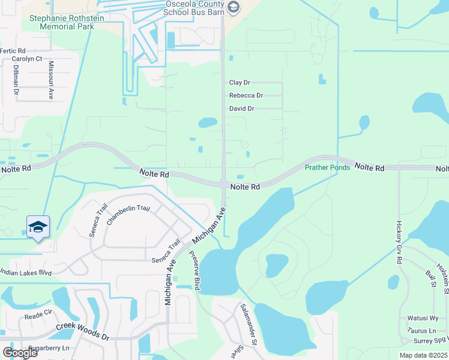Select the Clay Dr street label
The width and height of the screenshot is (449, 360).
(240, 83)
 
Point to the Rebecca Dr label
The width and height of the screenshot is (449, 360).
(246, 95)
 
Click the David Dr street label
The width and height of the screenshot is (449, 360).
(242, 109)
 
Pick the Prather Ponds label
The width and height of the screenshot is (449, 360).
(327, 167)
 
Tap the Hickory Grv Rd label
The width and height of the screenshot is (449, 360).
(399, 243)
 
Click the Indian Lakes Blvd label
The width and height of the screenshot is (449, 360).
(26, 273)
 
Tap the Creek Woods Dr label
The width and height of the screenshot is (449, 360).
(83, 332)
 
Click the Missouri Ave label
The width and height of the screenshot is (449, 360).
(51, 80)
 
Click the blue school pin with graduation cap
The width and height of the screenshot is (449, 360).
(38, 227)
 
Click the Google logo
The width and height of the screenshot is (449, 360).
(20, 352)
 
